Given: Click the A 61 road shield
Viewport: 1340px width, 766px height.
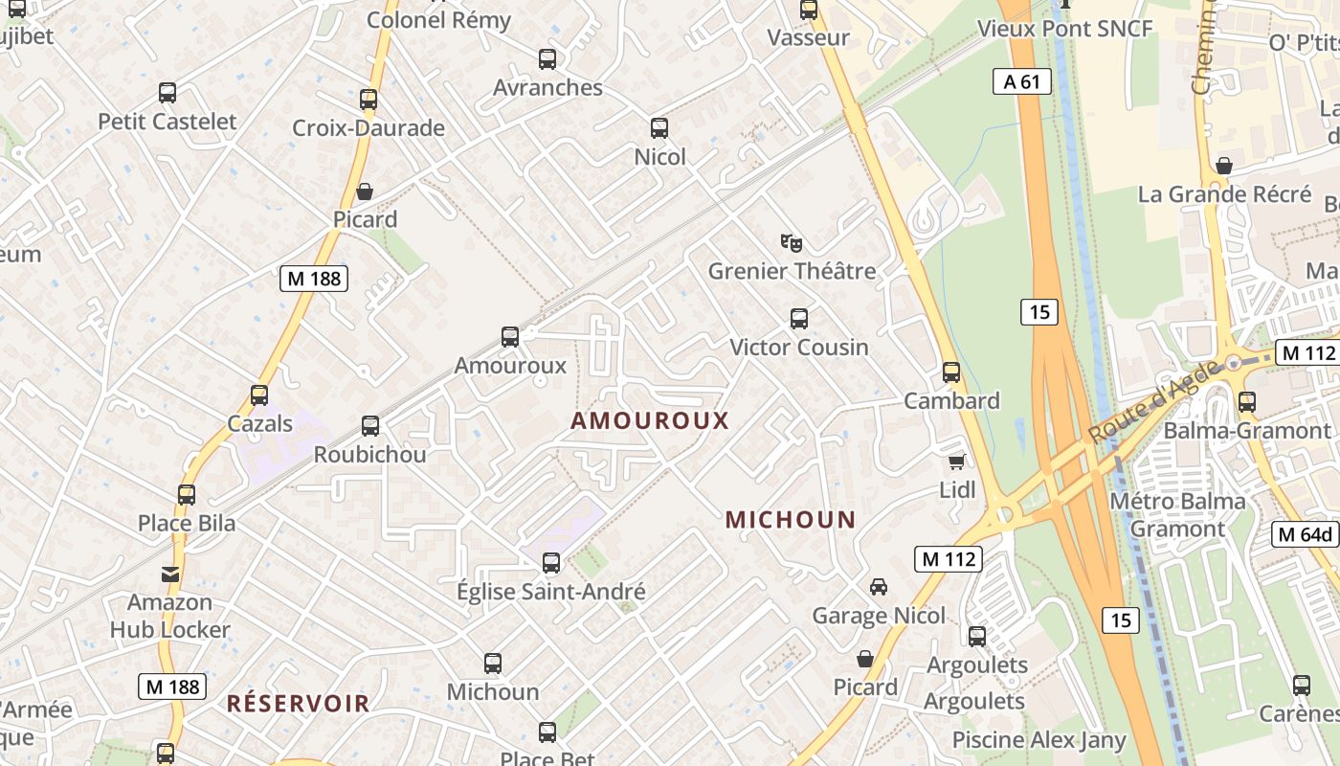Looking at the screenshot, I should point(1021,81).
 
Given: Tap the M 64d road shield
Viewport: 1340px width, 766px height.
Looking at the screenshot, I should point(1306,534).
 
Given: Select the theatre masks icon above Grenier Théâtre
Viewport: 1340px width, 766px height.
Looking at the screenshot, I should point(791,242).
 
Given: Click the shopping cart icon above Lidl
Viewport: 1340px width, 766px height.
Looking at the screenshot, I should point(956,462).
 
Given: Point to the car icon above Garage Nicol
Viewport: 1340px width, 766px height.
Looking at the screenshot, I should point(878,586).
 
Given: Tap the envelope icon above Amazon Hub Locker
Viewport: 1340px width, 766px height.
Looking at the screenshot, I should point(170,574).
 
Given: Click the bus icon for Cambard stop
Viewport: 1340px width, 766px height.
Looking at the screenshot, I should point(951,372).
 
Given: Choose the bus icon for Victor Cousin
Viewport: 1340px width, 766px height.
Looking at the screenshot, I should point(799,318).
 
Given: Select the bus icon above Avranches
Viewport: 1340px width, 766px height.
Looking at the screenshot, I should point(547,58).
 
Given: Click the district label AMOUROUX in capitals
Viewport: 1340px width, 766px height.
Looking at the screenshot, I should point(650,420).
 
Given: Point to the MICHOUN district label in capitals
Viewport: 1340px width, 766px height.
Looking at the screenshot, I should point(790,520).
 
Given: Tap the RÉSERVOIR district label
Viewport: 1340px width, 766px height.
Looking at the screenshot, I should point(298,704).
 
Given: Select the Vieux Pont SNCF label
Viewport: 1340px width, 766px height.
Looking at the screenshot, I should point(1064,29).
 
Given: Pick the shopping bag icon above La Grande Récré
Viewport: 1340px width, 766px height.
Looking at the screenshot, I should point(1223,166).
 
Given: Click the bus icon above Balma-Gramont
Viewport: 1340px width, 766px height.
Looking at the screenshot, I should point(1247,402).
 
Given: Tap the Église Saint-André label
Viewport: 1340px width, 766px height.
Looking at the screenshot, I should point(550,592).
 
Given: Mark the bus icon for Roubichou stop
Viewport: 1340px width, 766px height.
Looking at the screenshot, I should point(370,425).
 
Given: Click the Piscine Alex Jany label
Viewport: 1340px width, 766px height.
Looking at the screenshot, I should point(1038,740).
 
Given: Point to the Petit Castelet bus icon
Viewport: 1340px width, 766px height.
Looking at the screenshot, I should point(167,93).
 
